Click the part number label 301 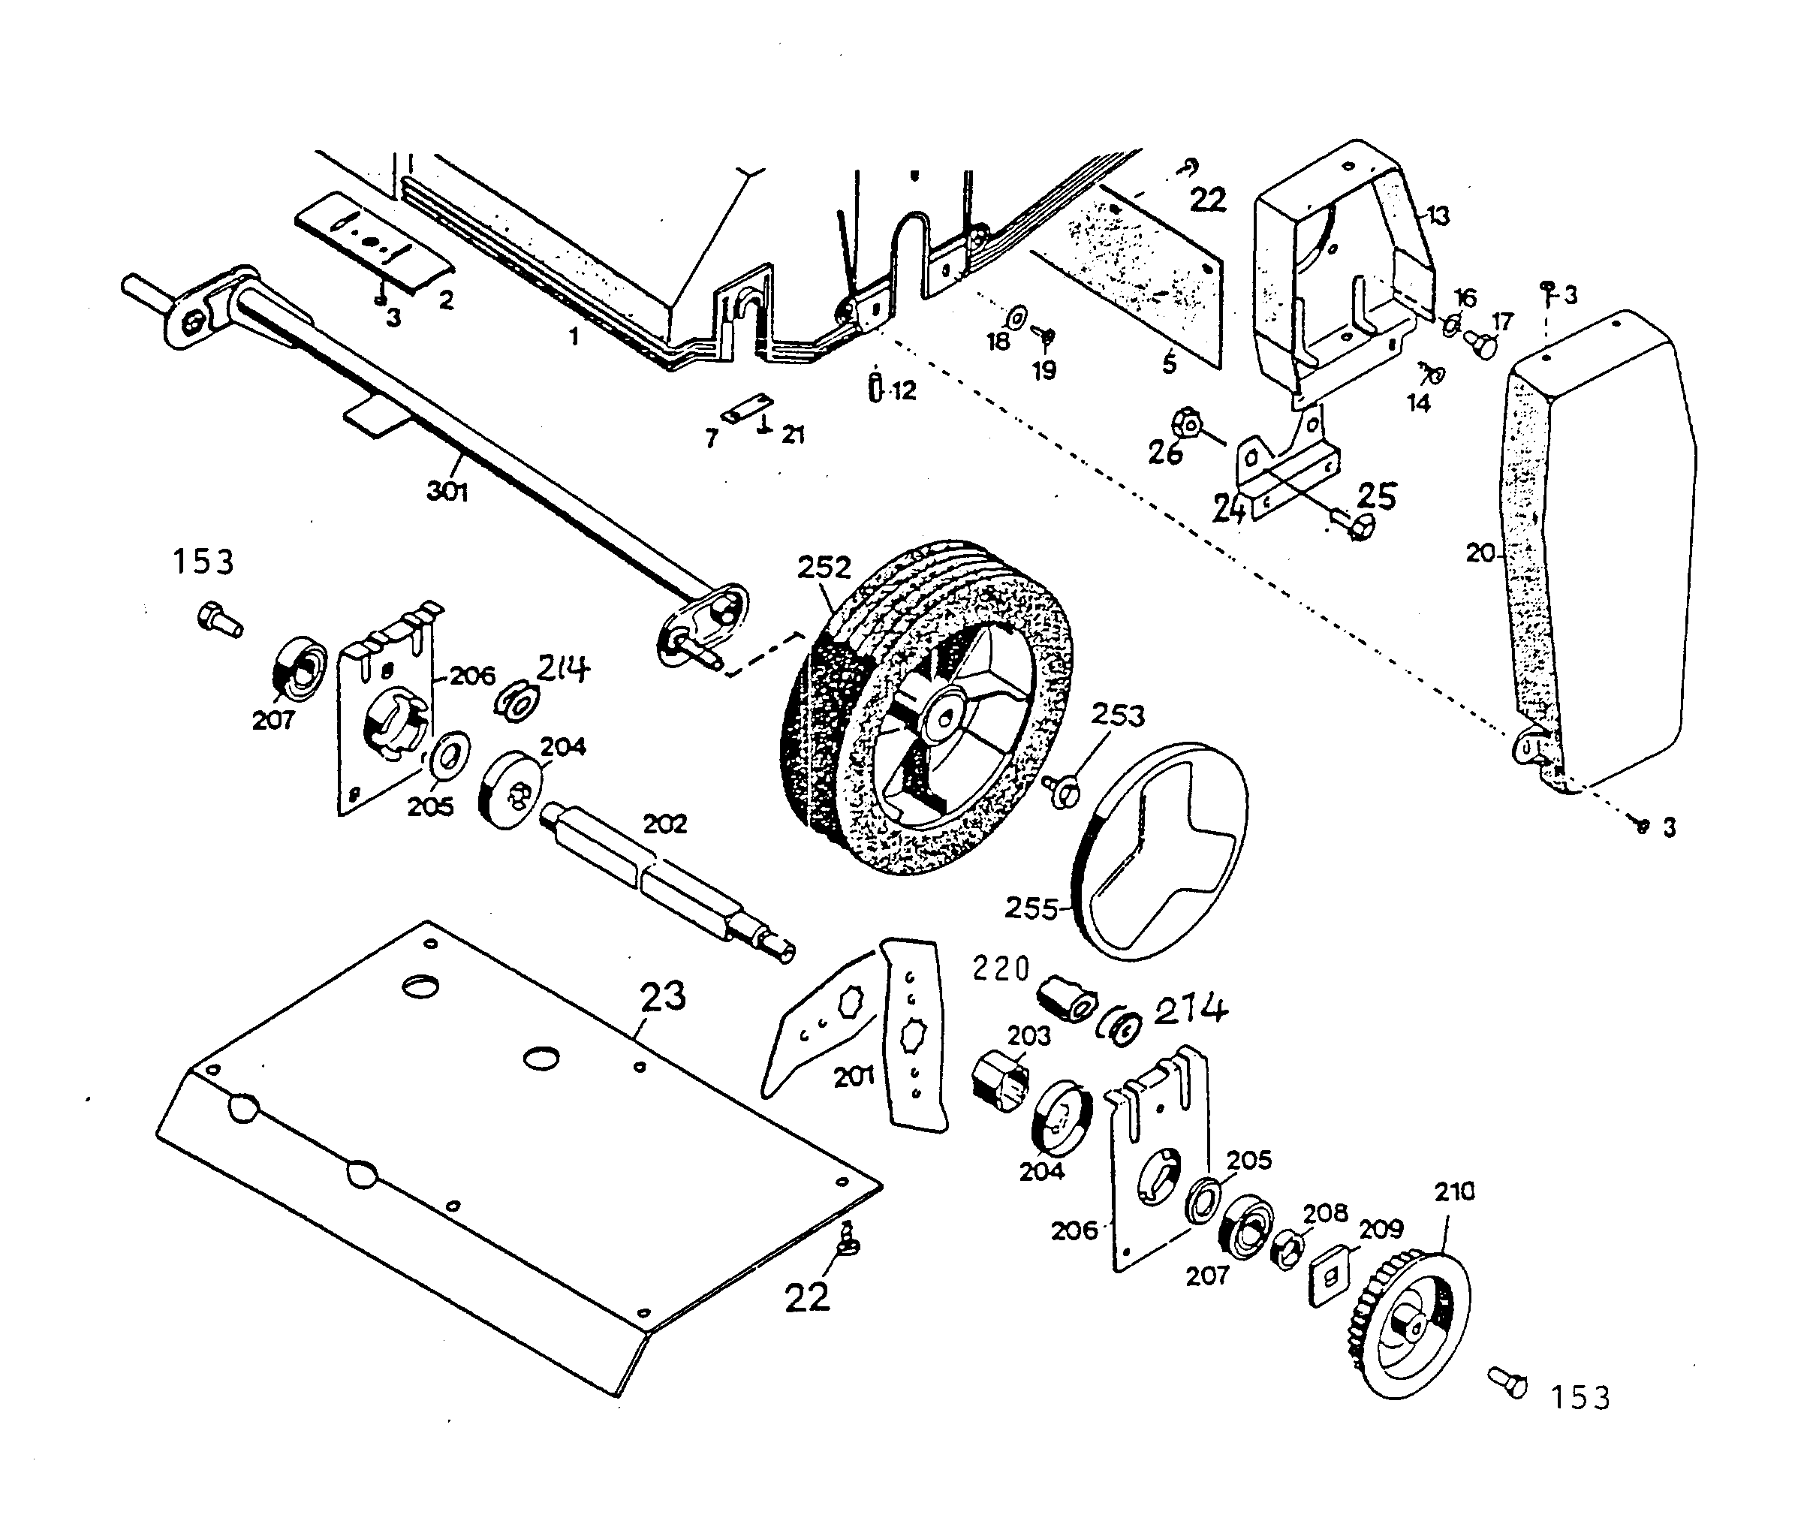[x=447, y=491]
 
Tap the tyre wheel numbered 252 [x=927, y=710]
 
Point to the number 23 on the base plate [x=663, y=996]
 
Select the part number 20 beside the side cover [x=1480, y=552]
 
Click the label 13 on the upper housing [x=1437, y=215]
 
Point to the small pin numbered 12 [x=876, y=387]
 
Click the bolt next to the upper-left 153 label [x=219, y=619]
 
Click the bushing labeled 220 [x=1070, y=998]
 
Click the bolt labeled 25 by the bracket [x=1356, y=525]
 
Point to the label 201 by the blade [x=854, y=1077]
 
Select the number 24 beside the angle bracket [x=1228, y=510]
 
